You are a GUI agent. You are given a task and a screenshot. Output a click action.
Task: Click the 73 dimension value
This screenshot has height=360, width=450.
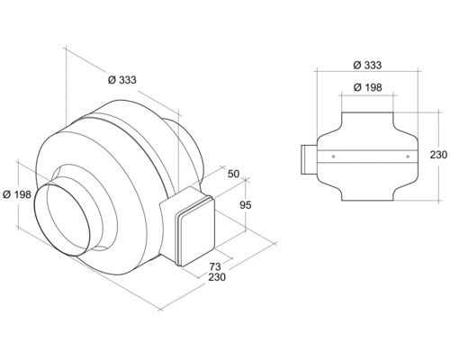pos(216,266)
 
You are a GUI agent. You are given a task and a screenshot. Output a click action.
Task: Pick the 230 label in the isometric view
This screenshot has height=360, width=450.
pos(216,279)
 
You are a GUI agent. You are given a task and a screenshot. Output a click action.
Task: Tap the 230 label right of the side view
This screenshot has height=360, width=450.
pos(438,155)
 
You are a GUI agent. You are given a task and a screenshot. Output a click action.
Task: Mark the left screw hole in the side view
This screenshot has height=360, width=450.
pos(334,157)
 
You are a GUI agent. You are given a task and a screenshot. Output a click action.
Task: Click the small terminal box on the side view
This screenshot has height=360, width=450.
pos(305,158)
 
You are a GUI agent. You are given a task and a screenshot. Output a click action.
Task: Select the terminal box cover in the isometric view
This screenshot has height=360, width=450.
pos(193,232)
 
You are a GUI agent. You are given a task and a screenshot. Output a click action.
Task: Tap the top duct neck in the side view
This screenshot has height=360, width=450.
pos(368,119)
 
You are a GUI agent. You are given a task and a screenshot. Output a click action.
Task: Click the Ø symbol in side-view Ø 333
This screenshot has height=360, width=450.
pos(357,65)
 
